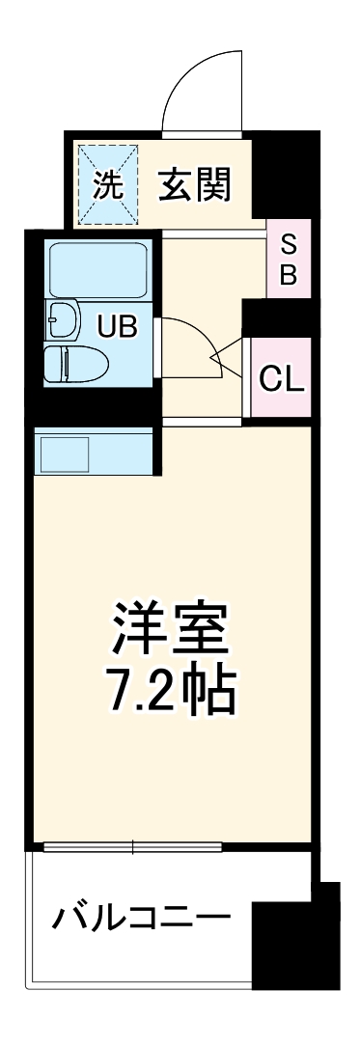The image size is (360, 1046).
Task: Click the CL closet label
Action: tap(283, 377)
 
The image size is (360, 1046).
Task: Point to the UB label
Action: tap(115, 325)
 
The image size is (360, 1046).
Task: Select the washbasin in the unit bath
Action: tap(63, 318)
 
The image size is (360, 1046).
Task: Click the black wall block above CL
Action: tap(276, 316)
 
